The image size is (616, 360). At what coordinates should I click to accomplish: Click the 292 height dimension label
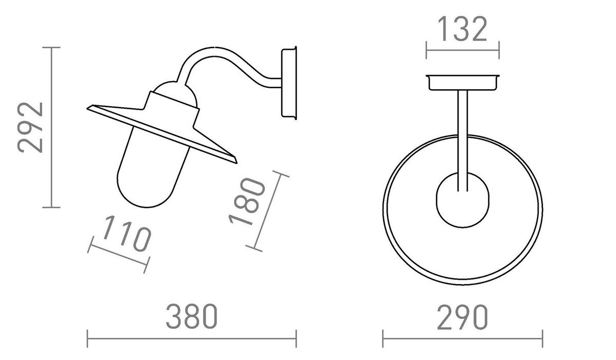tap(30, 127)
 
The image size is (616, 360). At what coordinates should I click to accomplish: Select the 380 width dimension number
tap(191, 317)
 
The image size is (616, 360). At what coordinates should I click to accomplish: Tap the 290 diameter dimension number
tap(463, 317)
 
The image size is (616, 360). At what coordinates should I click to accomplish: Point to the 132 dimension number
tap(463, 29)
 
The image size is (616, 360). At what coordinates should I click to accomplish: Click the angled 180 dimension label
tap(247, 201)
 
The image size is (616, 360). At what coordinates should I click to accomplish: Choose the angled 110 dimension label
tap(126, 234)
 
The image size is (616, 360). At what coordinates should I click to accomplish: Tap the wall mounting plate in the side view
tap(289, 83)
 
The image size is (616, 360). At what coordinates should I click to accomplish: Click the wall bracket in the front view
tap(463, 82)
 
